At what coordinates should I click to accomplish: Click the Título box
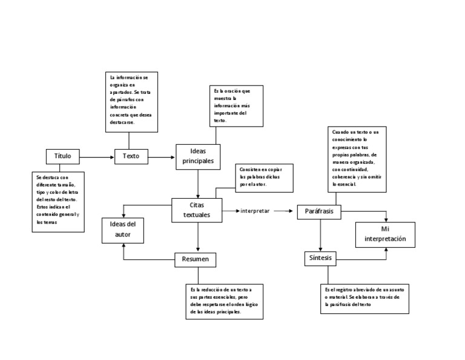(x=62, y=156)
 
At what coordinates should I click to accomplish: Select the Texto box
(x=131, y=156)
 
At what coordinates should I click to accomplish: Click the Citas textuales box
(x=197, y=210)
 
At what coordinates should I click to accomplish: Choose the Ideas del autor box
(x=123, y=229)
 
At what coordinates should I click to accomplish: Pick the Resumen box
(x=196, y=260)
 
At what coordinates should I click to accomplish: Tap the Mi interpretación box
(x=385, y=235)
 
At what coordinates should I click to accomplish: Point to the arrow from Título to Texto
(x=97, y=157)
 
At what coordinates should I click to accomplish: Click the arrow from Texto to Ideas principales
(x=162, y=157)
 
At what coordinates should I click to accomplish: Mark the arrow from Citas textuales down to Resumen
(x=199, y=237)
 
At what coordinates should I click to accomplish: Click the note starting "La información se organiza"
(x=131, y=101)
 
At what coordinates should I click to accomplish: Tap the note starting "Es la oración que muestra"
(x=236, y=105)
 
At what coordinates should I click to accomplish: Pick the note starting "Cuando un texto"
(x=358, y=159)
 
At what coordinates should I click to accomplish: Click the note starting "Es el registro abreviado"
(x=365, y=298)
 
